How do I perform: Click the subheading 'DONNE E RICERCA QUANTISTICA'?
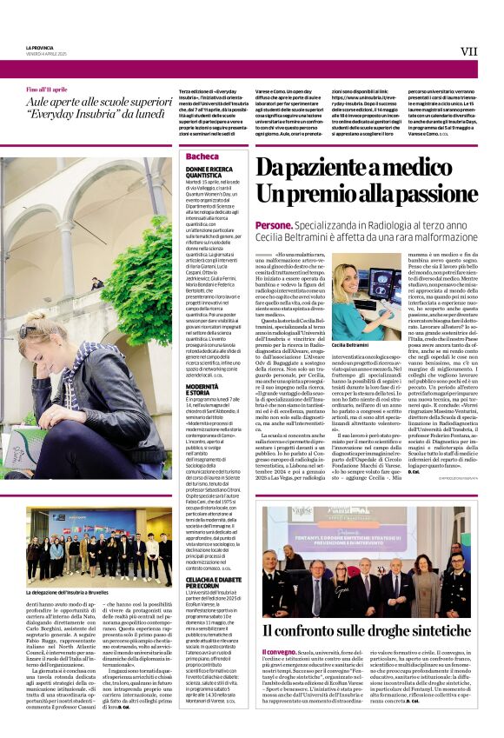[x=209, y=171]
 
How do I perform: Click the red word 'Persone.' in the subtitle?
[x=273, y=225]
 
